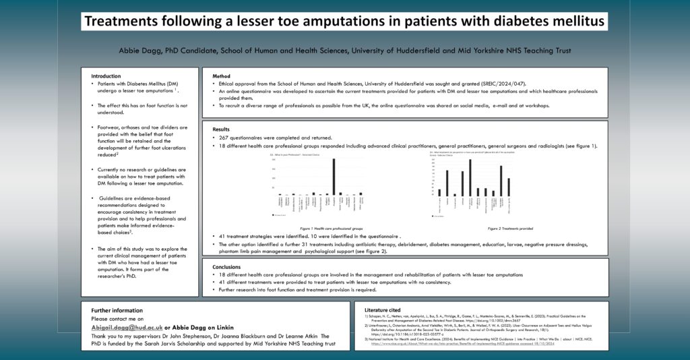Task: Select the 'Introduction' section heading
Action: click(106, 76)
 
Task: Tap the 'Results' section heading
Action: click(222, 129)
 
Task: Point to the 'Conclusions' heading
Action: click(227, 266)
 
